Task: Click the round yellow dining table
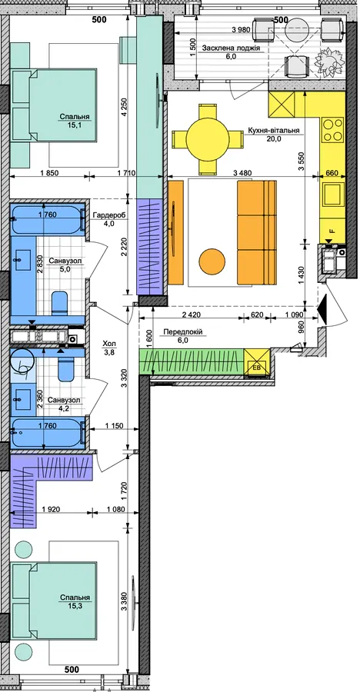click(x=208, y=139)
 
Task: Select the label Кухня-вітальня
click(x=274, y=131)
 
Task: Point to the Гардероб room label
click(x=109, y=215)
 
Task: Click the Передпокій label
click(x=182, y=332)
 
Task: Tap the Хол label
click(x=109, y=343)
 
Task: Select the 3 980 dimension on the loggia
click(x=242, y=30)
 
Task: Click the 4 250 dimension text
click(x=124, y=107)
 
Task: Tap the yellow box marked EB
click(x=257, y=362)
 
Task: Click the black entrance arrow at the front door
click(x=322, y=307)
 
